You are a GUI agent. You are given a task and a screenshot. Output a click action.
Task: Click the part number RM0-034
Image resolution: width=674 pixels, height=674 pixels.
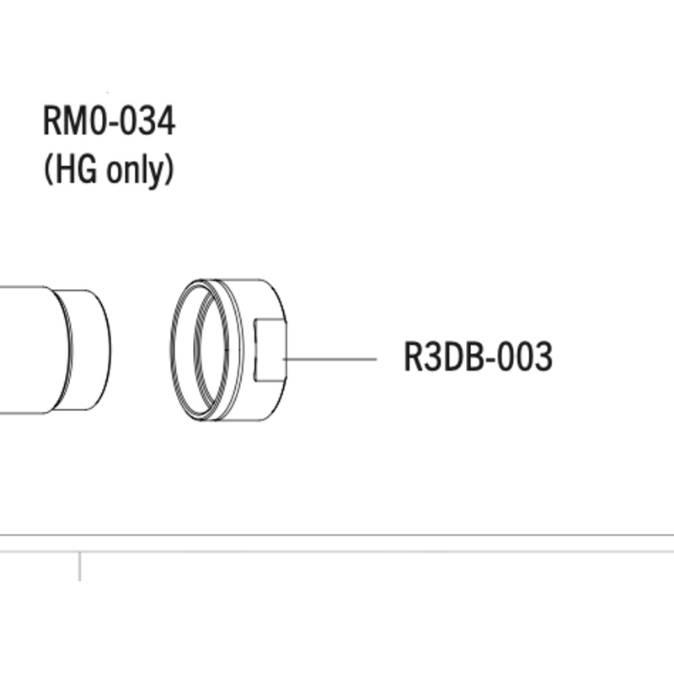coord(109,122)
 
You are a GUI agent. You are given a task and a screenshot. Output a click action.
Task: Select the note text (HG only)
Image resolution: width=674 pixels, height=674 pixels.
coord(108,170)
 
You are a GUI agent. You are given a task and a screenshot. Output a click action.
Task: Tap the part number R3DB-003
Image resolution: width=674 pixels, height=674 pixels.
coord(478,357)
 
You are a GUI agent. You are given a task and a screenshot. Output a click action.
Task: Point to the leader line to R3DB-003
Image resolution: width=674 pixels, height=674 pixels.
coord(332,359)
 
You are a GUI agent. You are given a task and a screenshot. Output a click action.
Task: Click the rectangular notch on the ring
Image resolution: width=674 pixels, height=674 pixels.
coord(270,350)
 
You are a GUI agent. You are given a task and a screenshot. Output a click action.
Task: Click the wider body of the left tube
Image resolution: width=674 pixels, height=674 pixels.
coord(25,350)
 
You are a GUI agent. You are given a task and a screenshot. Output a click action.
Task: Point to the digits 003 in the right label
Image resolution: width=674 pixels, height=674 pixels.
coord(527,357)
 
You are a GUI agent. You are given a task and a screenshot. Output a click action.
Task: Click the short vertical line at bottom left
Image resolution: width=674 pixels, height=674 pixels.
coord(80,566)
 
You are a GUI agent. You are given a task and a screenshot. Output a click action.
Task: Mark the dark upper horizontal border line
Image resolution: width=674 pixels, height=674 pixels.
coord(337,535)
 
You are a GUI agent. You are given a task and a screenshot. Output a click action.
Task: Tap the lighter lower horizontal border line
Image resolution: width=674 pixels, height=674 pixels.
coord(337,552)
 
